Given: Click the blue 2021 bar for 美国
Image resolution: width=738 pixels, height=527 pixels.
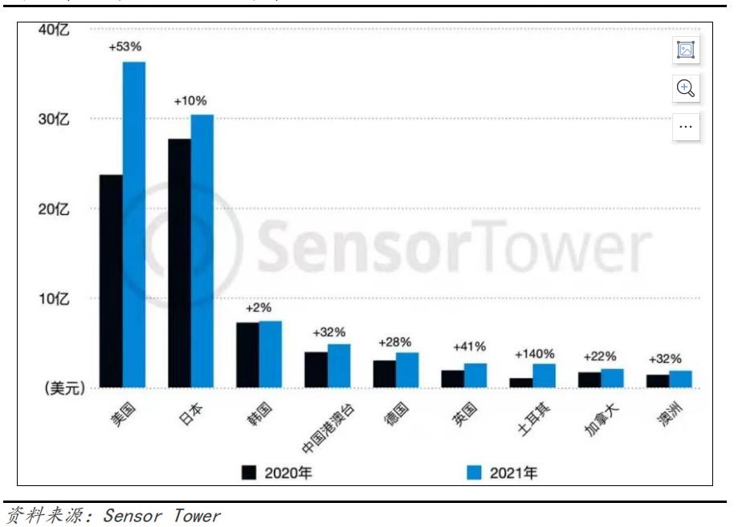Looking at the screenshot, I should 134,225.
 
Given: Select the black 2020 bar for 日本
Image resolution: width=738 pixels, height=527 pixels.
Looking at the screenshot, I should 179,263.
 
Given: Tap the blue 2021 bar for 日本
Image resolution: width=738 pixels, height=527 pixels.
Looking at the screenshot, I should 202,251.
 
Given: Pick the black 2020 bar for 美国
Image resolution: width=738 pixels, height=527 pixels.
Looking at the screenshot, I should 111,281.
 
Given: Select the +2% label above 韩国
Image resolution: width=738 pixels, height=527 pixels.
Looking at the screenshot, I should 259,307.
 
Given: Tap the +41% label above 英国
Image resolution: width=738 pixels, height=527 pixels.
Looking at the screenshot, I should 469,347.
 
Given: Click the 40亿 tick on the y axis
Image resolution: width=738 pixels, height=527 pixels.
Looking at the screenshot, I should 55,30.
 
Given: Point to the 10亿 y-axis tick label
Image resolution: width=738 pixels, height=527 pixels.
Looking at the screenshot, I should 55,298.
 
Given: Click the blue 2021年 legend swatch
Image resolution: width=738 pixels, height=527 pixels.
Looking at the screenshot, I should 475,472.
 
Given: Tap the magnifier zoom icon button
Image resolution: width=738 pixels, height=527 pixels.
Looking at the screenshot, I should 686,88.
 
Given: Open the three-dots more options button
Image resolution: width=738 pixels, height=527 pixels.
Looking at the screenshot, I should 686,127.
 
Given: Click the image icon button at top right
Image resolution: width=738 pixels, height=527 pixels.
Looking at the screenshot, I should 686,50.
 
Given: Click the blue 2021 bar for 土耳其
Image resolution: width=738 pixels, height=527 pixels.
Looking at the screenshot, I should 544,375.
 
